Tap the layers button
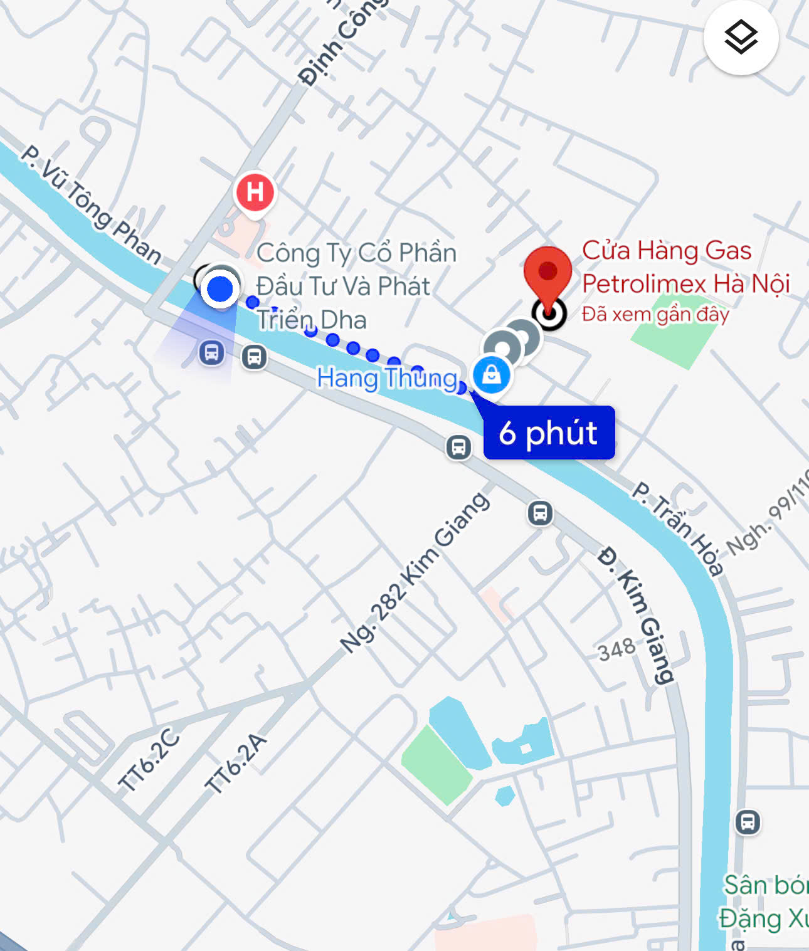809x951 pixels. pos(741,38)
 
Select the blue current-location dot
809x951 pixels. pos(219,289)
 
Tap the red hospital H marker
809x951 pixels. pos(255,192)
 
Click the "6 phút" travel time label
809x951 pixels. pos(549,433)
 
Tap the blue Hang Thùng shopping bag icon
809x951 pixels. pos(492,375)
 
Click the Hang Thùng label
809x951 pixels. pos(388,378)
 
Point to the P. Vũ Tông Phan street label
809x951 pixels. pos(92,204)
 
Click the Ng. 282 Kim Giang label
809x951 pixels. pos(415,572)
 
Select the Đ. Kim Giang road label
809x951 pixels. pos(636,615)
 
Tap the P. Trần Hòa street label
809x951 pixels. pos(677,527)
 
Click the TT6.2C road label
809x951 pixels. pos(149,760)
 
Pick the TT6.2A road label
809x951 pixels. pos(236,764)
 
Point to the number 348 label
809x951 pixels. pos(616,649)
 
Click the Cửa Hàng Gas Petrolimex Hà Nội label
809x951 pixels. pos(685,267)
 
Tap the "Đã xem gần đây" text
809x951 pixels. pos(655,314)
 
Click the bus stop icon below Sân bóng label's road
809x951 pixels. pos(748,822)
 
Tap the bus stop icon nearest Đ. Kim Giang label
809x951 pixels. pos(540,513)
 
